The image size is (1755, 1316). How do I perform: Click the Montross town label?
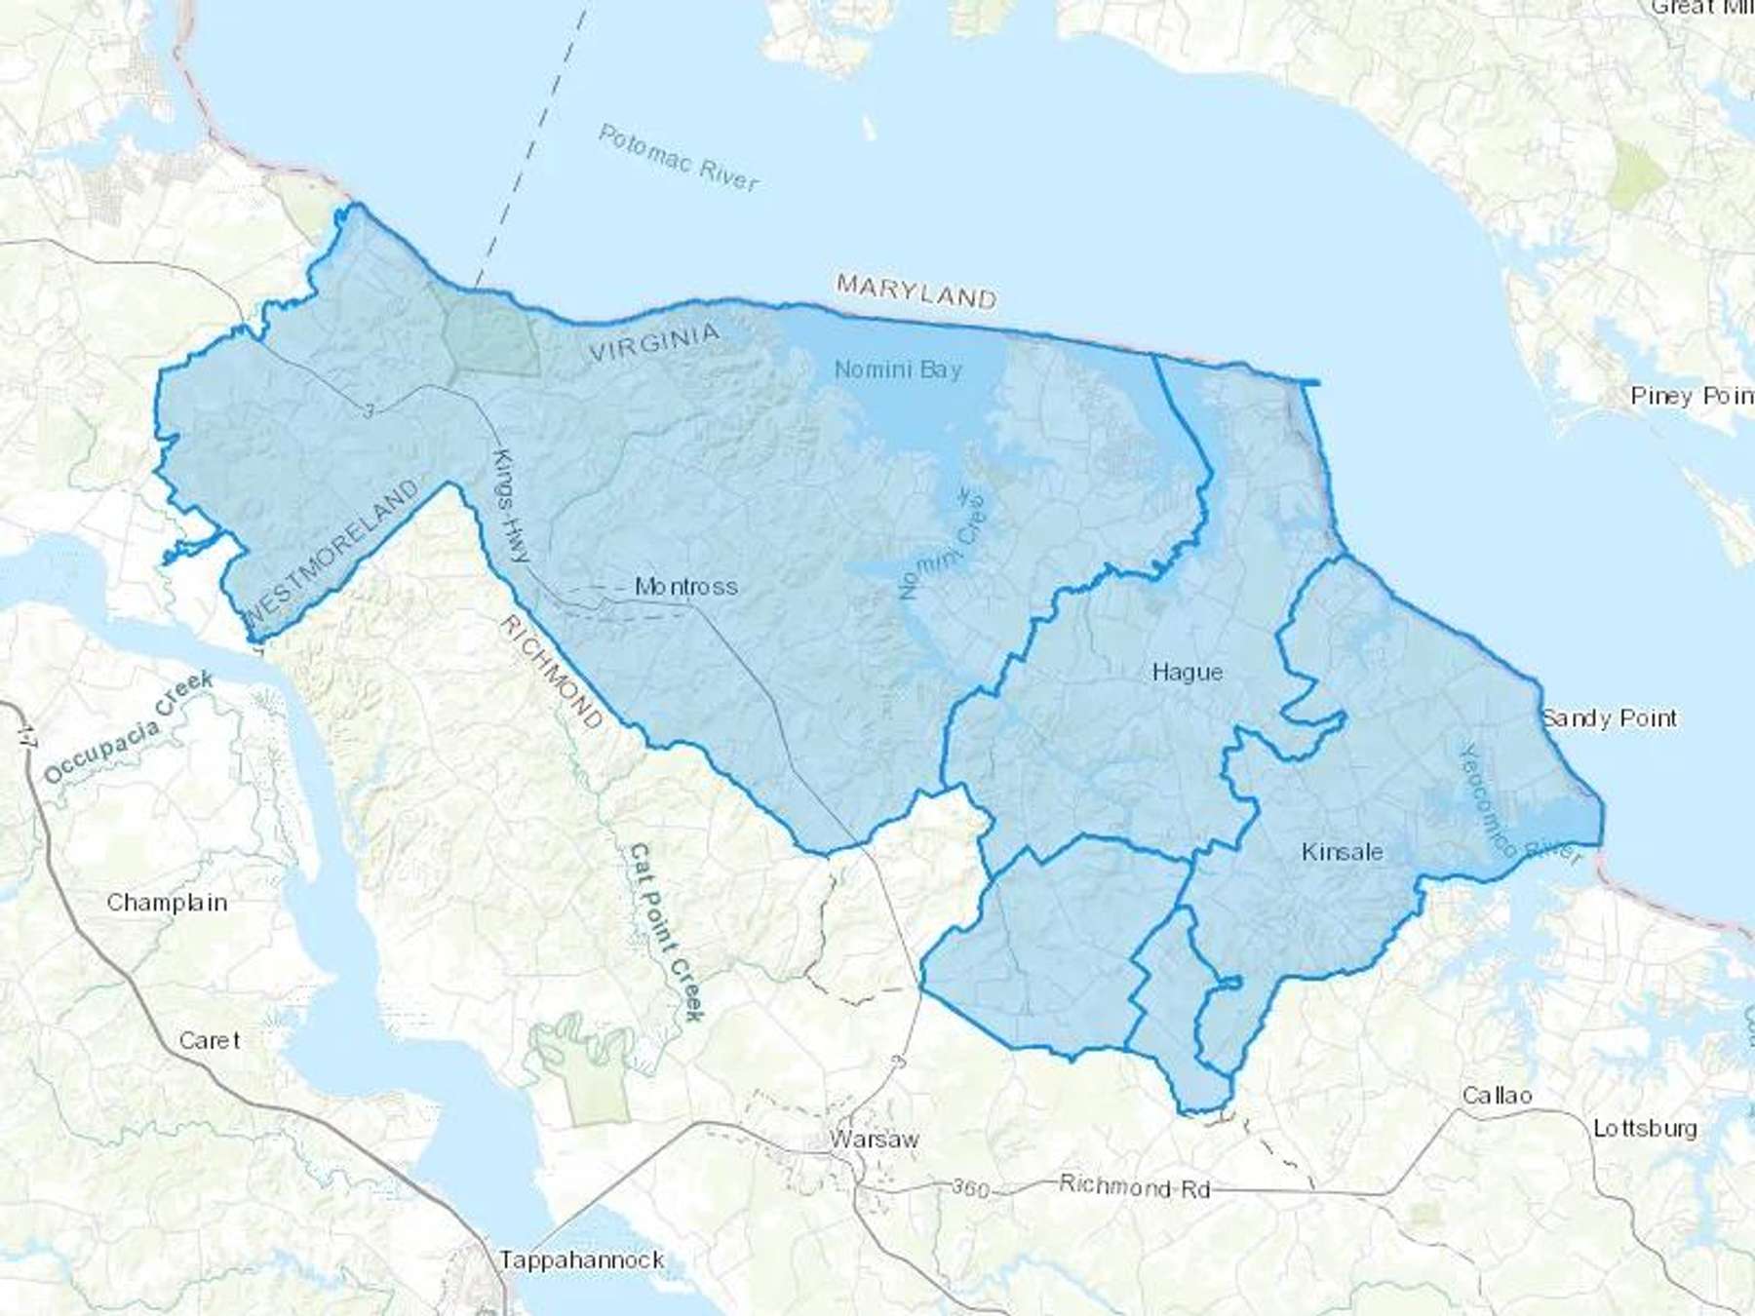tap(685, 587)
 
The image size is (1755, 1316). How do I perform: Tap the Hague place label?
tap(1187, 672)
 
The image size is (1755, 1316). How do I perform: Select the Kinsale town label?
tap(1342, 852)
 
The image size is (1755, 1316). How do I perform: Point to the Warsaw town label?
tap(874, 1139)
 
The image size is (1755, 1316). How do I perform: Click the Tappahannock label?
tap(582, 1259)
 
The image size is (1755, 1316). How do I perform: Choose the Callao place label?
tap(1497, 1096)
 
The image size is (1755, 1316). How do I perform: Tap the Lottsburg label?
tap(1645, 1129)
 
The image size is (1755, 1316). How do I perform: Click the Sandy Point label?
tap(1609, 718)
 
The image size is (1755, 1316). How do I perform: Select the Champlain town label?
tap(167, 903)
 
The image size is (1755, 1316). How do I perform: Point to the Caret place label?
tap(209, 1040)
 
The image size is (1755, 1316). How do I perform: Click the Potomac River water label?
tap(679, 158)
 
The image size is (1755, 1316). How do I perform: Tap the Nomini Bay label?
tap(898, 369)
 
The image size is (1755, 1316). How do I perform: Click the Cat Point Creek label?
tap(666, 932)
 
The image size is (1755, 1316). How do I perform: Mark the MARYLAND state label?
tap(916, 290)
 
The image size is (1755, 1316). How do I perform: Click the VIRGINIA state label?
tap(654, 343)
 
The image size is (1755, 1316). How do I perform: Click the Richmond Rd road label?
tap(1134, 1186)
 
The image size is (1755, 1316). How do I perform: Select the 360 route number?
tap(969, 1188)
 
